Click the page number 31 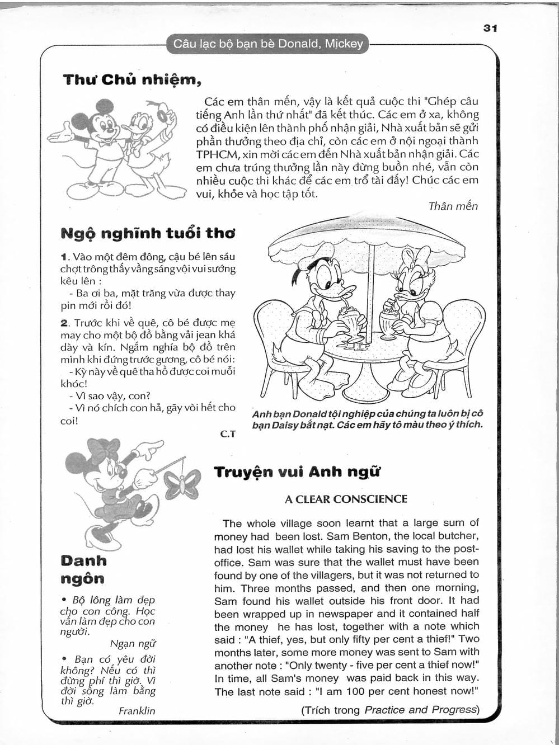[x=490, y=28]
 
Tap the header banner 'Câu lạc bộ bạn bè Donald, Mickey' [x=268, y=44]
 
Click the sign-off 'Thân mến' [x=453, y=206]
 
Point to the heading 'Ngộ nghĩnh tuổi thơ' [x=148, y=233]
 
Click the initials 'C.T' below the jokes [x=228, y=433]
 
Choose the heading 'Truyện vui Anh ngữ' [x=297, y=471]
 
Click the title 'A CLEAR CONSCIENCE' [x=346, y=499]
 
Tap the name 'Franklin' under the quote [x=137, y=711]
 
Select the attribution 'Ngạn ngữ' [x=133, y=643]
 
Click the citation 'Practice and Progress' [x=420, y=710]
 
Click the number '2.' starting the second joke [x=64, y=323]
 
